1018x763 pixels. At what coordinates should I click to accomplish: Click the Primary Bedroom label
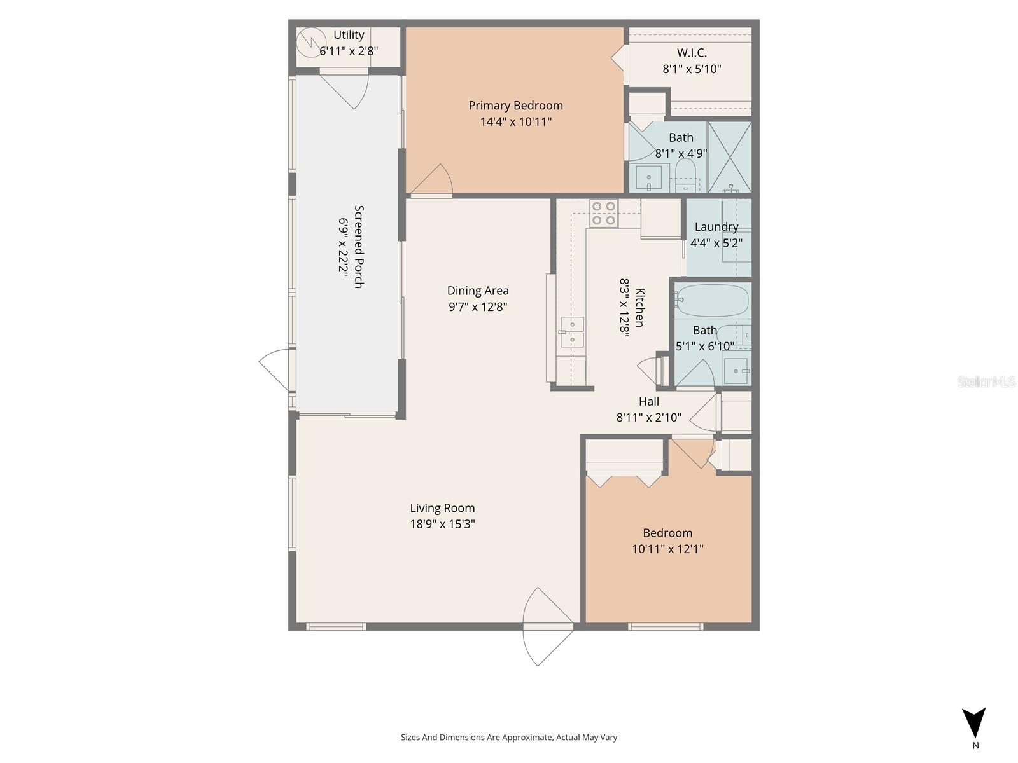pos(515,106)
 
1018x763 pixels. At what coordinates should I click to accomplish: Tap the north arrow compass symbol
pos(973,724)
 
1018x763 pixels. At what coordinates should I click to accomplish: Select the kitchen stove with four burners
pos(603,213)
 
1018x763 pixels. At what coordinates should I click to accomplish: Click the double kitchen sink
pos(571,332)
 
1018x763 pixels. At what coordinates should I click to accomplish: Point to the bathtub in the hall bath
pos(712,300)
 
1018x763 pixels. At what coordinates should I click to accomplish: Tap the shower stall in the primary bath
pos(730,157)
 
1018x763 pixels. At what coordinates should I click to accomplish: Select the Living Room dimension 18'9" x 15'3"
pos(442,525)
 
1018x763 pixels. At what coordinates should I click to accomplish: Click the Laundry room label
pos(716,227)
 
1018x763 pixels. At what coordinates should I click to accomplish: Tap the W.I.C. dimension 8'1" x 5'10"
pos(692,69)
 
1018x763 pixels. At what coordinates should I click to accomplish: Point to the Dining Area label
pos(478,291)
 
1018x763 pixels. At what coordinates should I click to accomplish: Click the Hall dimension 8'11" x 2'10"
pos(648,418)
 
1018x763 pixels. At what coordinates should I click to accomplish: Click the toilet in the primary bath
pos(685,174)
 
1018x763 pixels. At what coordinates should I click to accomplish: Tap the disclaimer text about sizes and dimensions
pos(509,738)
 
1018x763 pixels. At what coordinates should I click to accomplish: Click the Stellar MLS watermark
pos(986,381)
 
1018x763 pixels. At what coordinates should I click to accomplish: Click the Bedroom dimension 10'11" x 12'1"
pos(667,549)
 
